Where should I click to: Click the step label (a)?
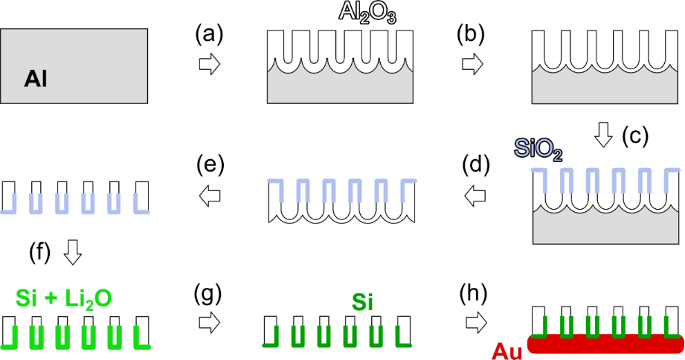click(209, 34)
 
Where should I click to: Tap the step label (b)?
click(471, 34)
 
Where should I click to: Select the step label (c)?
click(635, 136)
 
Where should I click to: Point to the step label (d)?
click(476, 164)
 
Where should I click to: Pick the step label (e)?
click(210, 164)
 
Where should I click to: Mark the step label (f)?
click(39, 252)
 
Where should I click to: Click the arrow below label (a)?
click(210, 64)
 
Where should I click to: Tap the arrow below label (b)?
click(472, 64)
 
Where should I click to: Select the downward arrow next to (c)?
click(604, 135)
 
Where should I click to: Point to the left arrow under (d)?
click(475, 196)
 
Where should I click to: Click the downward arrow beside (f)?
click(73, 252)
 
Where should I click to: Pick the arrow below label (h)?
click(476, 324)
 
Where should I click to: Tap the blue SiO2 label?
click(538, 150)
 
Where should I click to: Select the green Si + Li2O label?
click(64, 299)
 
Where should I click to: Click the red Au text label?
click(506, 351)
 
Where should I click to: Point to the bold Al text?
click(36, 80)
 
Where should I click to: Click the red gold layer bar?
click(605, 344)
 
